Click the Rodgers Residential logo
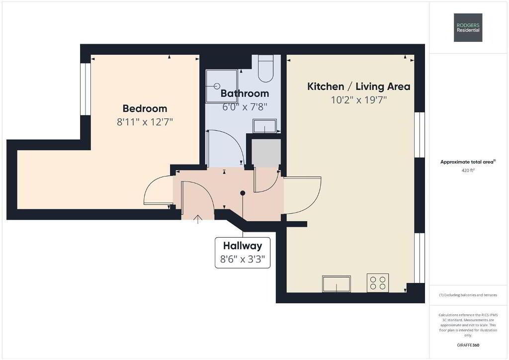click(x=468, y=27)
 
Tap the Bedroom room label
click(x=145, y=108)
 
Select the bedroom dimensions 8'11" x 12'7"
click(x=145, y=122)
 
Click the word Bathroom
click(x=245, y=93)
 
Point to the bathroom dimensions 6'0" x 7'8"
click(x=245, y=107)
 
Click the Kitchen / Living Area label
click(x=359, y=87)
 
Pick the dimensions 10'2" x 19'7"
click(x=359, y=100)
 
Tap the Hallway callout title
click(x=243, y=246)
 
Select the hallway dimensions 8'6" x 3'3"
click(x=243, y=259)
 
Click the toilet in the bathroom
click(x=266, y=68)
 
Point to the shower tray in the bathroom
click(x=222, y=86)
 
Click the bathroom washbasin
click(x=265, y=126)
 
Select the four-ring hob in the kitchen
click(x=378, y=283)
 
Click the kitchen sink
click(x=337, y=284)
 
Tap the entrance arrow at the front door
click(x=198, y=219)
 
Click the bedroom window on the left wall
click(x=85, y=89)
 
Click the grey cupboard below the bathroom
click(x=266, y=153)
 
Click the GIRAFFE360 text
click(x=468, y=345)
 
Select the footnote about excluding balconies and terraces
click(x=468, y=295)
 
